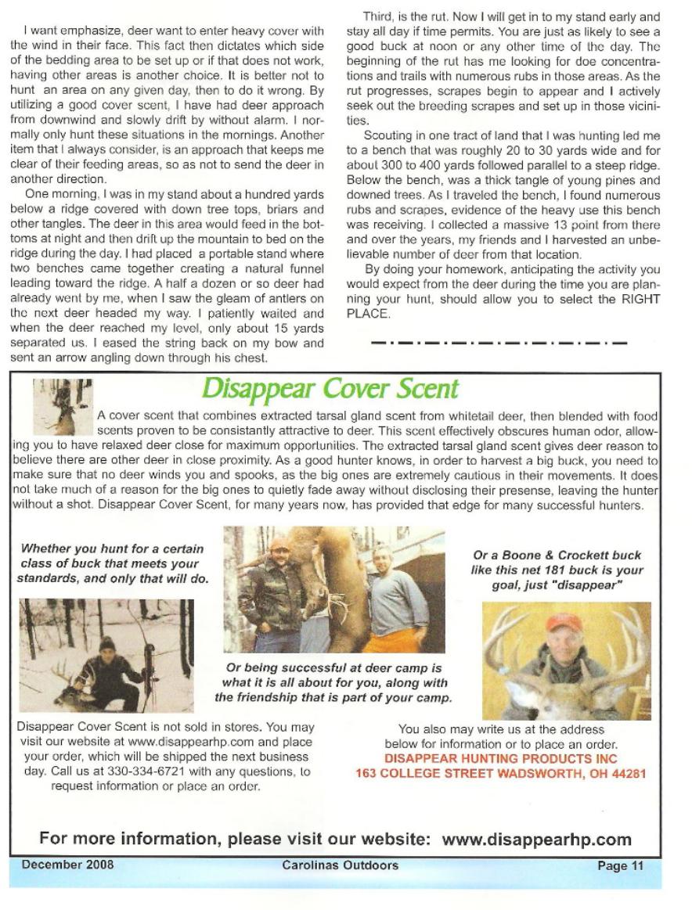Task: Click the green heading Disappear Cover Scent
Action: pyautogui.click(x=330, y=389)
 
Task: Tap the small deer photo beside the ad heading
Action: pyautogui.click(x=63, y=406)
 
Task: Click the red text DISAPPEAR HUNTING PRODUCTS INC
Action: pyautogui.click(x=501, y=759)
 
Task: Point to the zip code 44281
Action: pyautogui.click(x=629, y=774)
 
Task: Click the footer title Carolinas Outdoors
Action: pyautogui.click(x=340, y=865)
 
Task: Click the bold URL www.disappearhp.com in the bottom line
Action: pyautogui.click(x=536, y=840)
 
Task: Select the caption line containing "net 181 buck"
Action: pyautogui.click(x=557, y=570)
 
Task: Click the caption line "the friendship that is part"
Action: pyautogui.click(x=333, y=697)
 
